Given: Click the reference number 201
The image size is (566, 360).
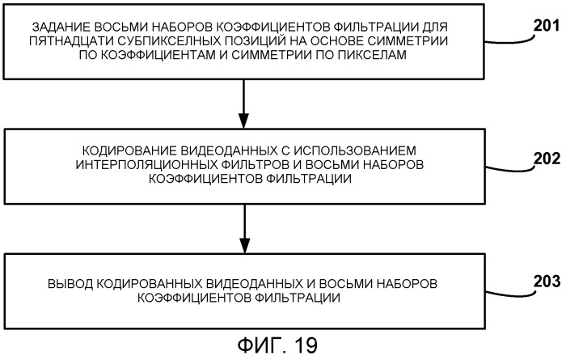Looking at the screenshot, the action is pos(547,26).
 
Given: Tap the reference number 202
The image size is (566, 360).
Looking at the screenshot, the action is pos(547,159).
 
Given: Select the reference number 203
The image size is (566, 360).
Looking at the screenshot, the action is pos(547,282).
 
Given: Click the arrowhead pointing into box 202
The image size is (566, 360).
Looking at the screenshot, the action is pos(244,121).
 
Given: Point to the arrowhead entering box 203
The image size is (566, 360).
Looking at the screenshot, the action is pos(245,246).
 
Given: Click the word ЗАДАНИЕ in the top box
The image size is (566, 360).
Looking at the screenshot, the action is pos(61,27).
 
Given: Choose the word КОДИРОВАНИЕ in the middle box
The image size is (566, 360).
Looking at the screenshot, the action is pos(129,150).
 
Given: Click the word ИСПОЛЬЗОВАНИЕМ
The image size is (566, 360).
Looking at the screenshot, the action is pos(355,150).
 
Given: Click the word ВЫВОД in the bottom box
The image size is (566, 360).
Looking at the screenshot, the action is pos(70,284).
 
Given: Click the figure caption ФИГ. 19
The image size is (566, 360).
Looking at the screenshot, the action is pos(277,345).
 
